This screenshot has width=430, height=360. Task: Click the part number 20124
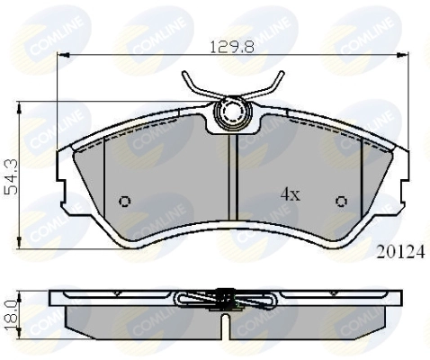[400, 253]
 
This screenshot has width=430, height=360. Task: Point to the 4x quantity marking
[289, 193]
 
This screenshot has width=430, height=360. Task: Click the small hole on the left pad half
[125, 200]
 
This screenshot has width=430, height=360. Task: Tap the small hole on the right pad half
[341, 200]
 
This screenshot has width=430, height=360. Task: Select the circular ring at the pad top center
[233, 113]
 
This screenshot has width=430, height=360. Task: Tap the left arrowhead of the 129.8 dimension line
[61, 56]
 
